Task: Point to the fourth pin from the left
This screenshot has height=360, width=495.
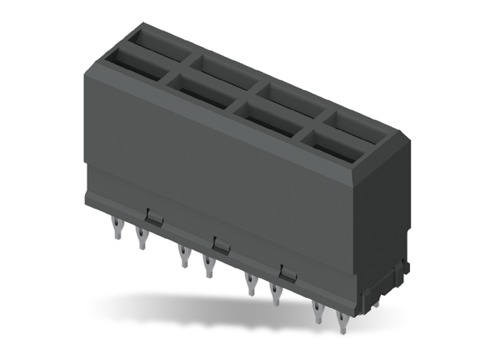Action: pyautogui.click(x=208, y=266)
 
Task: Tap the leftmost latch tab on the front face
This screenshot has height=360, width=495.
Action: pyautogui.click(x=153, y=216)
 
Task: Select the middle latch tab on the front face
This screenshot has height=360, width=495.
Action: pyautogui.click(x=220, y=244)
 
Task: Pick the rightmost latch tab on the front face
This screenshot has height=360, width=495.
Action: pyautogui.click(x=287, y=273)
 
